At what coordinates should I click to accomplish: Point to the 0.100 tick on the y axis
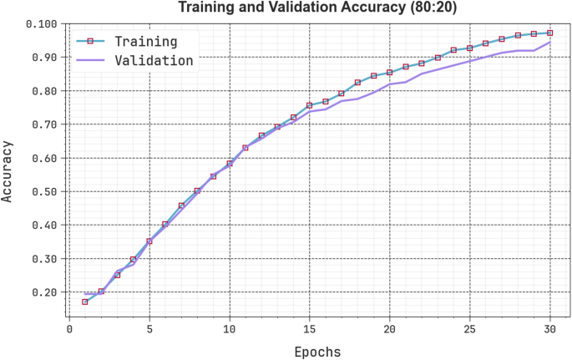point(40,23)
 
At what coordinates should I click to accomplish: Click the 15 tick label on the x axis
point(310,329)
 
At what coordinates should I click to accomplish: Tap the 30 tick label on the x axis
point(549,329)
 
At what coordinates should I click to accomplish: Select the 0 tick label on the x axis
point(69,329)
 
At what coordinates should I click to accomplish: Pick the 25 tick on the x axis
point(469,329)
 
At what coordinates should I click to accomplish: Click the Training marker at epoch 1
point(85,302)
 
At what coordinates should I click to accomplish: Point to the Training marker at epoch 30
point(549,33)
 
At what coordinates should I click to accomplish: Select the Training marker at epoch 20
point(390,73)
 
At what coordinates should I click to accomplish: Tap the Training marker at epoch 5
point(149,241)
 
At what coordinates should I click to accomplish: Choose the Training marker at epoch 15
point(310,105)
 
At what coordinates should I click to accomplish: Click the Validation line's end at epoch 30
point(549,42)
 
